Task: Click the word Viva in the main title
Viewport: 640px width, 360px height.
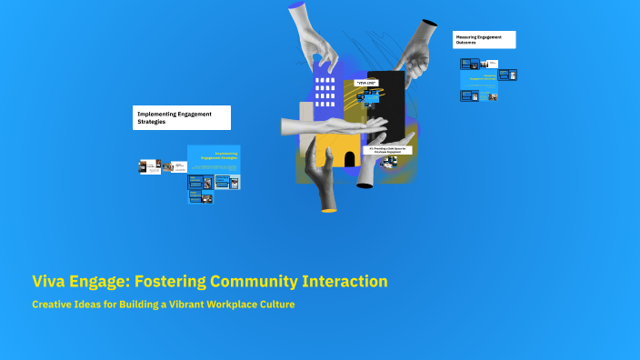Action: point(53,282)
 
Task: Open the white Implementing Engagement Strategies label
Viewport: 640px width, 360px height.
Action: point(181,117)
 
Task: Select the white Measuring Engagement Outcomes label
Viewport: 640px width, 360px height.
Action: point(484,40)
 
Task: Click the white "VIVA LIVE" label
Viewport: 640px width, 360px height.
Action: point(366,84)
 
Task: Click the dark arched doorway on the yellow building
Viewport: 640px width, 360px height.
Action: point(349,159)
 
